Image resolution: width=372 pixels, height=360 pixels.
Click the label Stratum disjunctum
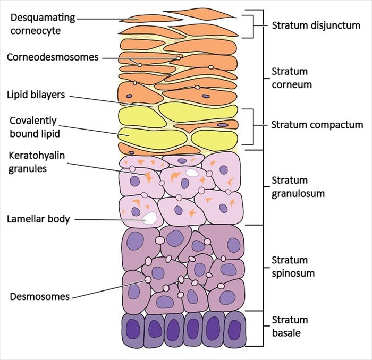[x=316, y=25]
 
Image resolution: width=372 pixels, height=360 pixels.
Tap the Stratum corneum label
[x=290, y=78]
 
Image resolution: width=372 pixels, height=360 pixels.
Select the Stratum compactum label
[x=317, y=125]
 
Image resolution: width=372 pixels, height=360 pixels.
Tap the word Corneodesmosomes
[x=53, y=57]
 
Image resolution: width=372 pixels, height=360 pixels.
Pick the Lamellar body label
[x=39, y=219]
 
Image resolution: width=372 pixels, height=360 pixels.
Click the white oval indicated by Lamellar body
[x=151, y=217]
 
